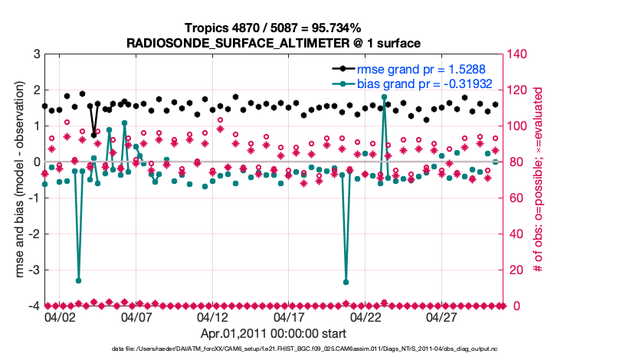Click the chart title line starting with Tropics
(275, 28)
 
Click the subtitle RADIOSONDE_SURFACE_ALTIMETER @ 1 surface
(275, 41)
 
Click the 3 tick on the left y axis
(36, 54)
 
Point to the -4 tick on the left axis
(34, 306)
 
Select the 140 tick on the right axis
(519, 54)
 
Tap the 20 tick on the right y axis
(516, 270)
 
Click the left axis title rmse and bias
(16, 180)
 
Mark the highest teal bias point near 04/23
(384, 97)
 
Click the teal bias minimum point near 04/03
(78, 280)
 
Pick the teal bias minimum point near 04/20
(346, 282)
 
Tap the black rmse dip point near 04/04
(93, 135)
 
